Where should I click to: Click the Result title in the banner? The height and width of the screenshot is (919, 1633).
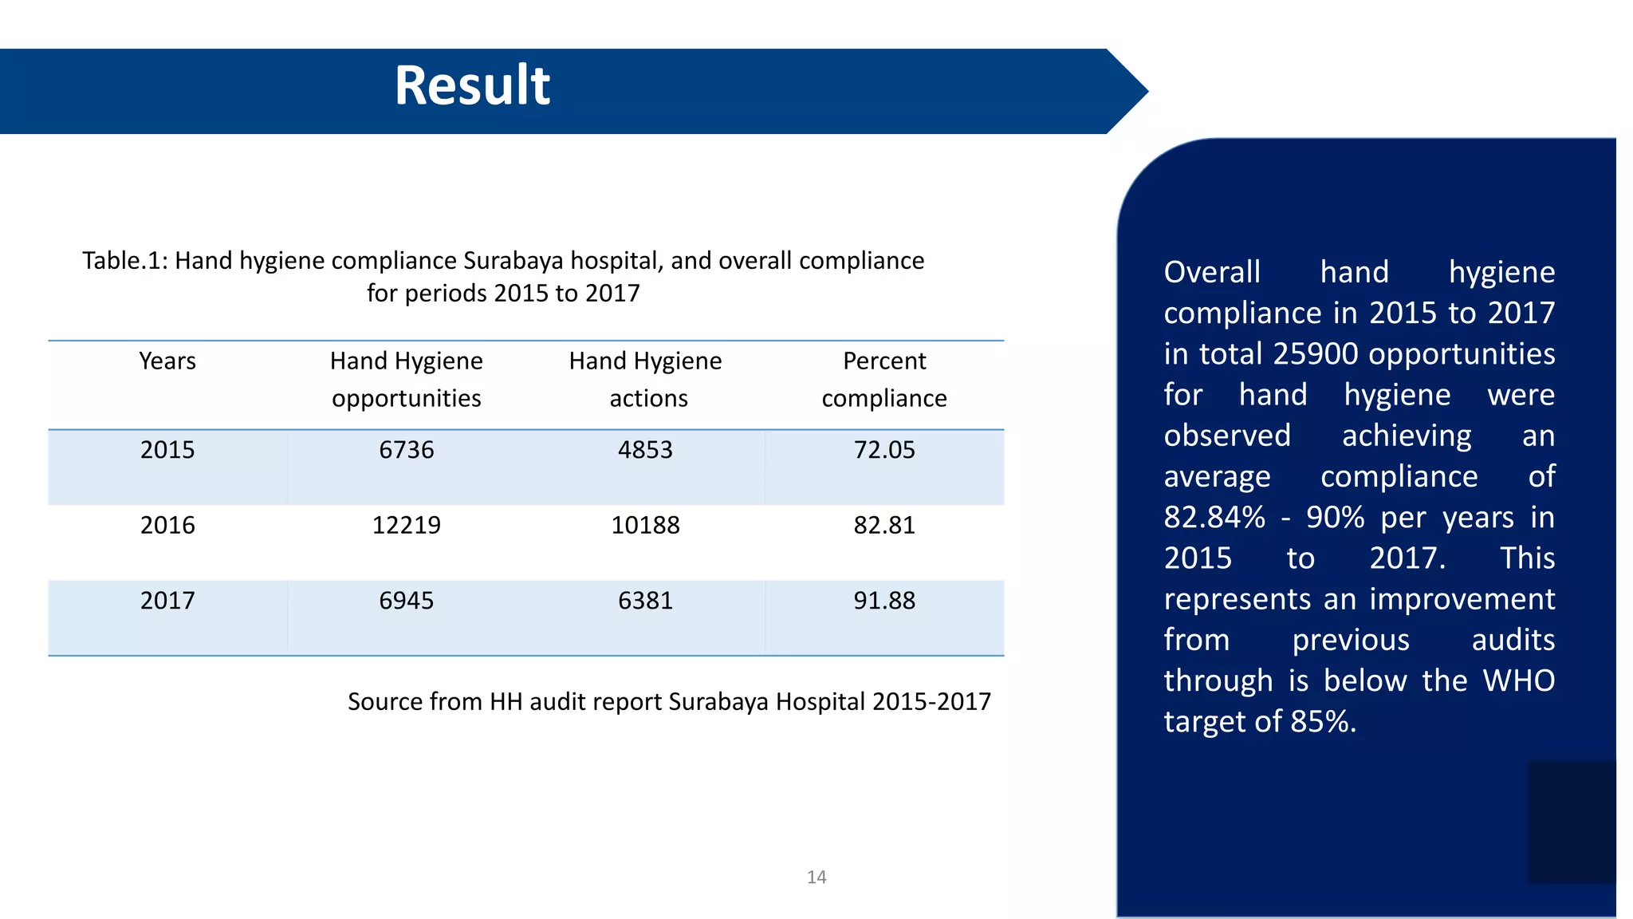(x=472, y=85)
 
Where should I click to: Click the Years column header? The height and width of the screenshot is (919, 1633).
(x=167, y=361)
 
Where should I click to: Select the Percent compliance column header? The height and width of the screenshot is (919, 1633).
(x=884, y=380)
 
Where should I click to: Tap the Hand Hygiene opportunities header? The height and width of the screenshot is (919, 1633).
(x=407, y=380)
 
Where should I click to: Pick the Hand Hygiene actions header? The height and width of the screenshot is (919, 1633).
(x=645, y=380)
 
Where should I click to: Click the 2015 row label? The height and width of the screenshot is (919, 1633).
(x=167, y=450)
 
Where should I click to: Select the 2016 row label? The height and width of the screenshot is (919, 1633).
(x=167, y=525)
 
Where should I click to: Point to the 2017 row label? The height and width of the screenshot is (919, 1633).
(x=167, y=601)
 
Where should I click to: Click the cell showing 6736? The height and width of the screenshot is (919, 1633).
(x=407, y=450)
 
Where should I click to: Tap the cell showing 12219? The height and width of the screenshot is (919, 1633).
(x=407, y=525)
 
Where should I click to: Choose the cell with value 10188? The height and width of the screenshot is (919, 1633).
(x=645, y=525)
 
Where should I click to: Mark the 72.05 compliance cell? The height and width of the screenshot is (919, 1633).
(x=884, y=450)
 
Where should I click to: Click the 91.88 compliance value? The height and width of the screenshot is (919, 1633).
(x=884, y=601)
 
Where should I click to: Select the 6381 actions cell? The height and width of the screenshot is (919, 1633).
(x=645, y=601)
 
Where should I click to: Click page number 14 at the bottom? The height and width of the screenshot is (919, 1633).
(x=816, y=878)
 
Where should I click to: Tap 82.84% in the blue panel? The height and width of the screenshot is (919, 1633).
(x=1214, y=518)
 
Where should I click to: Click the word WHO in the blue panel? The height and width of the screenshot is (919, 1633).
(x=1518, y=681)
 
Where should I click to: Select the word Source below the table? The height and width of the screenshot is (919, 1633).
(x=384, y=702)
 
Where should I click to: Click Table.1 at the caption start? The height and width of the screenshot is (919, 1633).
(x=124, y=261)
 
